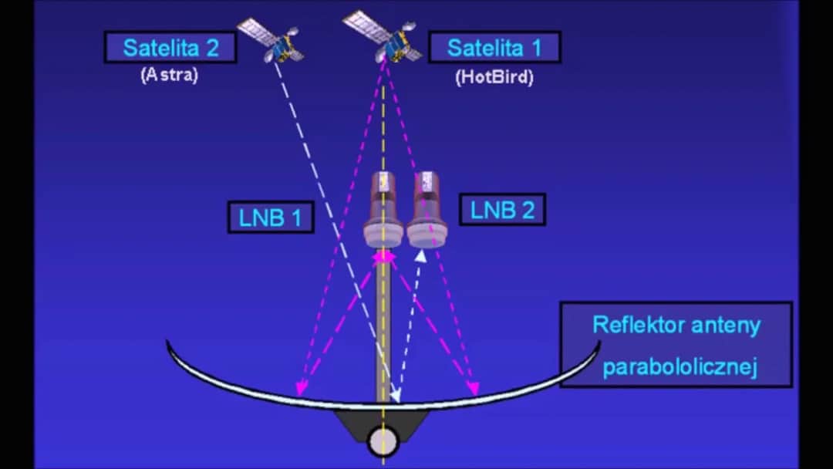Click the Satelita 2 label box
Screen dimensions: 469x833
tap(170, 48)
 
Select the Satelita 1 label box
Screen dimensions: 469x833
tap(494, 48)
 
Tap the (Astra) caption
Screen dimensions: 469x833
tap(170, 76)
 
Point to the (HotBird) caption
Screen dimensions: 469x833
tap(494, 77)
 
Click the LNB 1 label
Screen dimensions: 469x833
tap(270, 217)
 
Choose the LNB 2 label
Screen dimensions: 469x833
tap(502, 210)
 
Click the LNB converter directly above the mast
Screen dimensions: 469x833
tap(383, 208)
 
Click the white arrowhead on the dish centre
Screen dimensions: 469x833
tap(396, 396)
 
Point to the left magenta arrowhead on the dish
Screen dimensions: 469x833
tap(300, 389)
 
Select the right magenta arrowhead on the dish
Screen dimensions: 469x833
tap(474, 389)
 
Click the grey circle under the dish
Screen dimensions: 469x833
tap(383, 441)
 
